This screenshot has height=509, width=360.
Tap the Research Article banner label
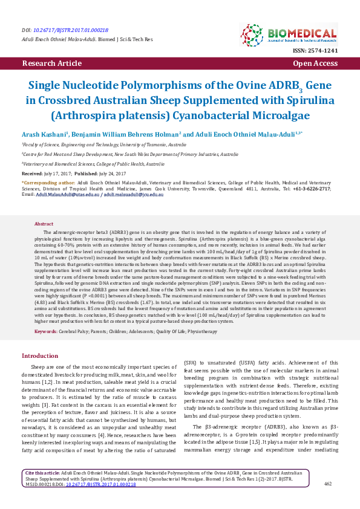tap(51, 63)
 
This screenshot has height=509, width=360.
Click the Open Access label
tap(315, 63)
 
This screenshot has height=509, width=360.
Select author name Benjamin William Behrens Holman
tap(126, 134)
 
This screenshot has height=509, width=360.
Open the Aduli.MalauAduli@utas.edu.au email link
tap(67, 195)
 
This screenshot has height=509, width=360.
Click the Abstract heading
tap(44, 224)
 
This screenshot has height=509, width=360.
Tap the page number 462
tap(329, 484)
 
